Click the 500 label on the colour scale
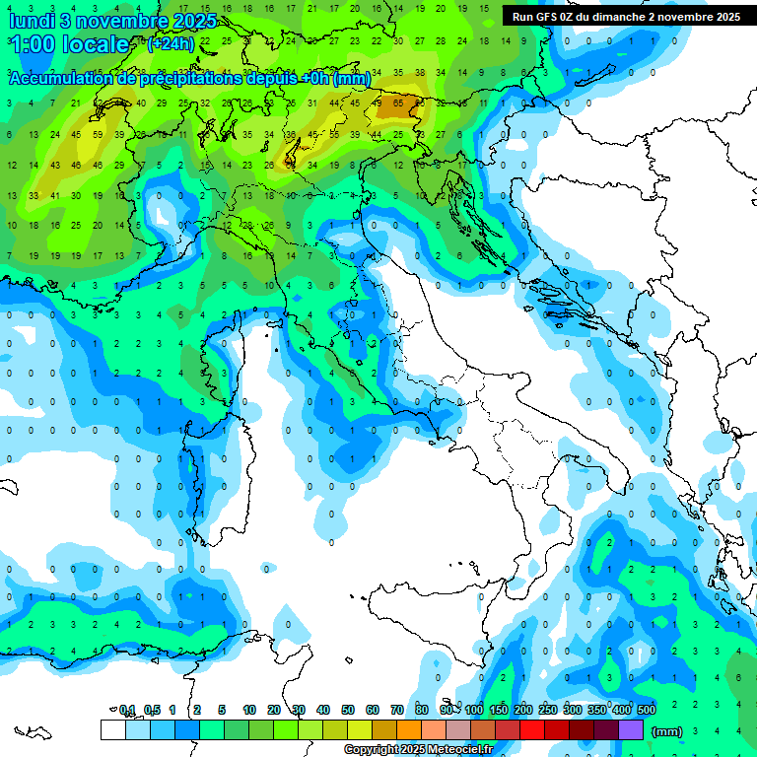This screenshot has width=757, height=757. (647, 710)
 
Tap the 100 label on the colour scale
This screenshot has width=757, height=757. (474, 710)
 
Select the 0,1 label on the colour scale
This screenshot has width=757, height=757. (127, 710)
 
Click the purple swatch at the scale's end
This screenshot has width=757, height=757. (631, 729)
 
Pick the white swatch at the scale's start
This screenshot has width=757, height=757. (112, 729)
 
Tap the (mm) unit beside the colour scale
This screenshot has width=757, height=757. (667, 731)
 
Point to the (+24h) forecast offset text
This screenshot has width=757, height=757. (171, 44)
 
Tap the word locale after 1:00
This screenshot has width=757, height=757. (95, 44)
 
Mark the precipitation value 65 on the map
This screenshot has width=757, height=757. (398, 103)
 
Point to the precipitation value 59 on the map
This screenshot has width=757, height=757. (98, 134)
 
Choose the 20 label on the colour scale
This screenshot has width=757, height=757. (273, 710)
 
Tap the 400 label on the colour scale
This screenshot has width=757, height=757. (622, 710)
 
